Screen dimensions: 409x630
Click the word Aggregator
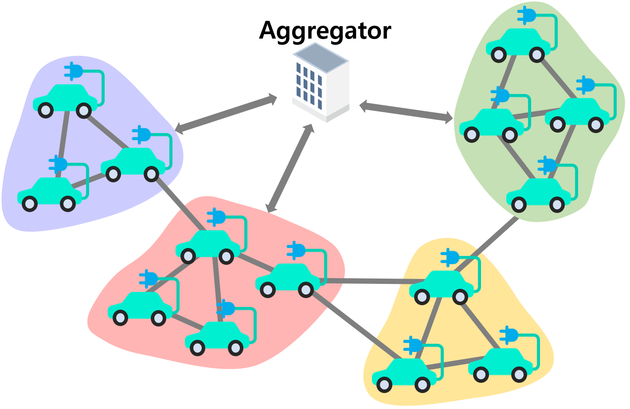(325, 30)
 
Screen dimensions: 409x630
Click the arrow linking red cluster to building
(290, 169)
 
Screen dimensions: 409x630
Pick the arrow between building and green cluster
(406, 112)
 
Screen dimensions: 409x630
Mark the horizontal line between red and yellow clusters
(368, 281)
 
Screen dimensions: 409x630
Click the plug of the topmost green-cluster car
(527, 16)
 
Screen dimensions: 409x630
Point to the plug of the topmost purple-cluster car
(74, 71)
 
